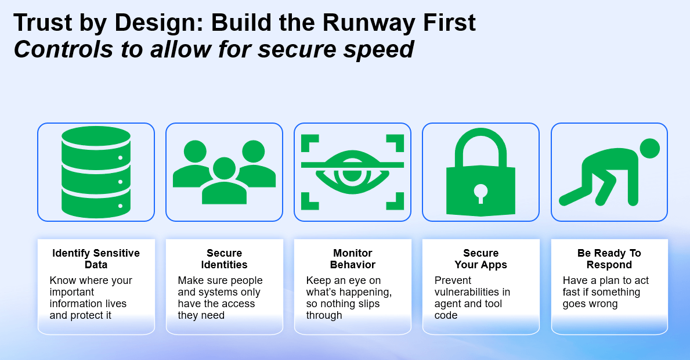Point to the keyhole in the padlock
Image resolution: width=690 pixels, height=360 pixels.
[481, 192]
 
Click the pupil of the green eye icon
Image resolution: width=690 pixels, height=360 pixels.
[352, 172]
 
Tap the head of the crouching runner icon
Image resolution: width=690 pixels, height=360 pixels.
[649, 149]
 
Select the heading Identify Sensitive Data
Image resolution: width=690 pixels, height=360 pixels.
[96, 259]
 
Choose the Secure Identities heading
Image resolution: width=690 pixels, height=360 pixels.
[225, 259]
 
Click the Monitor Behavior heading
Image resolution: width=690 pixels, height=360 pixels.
[353, 259]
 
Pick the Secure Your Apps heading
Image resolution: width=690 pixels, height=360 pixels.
[481, 259]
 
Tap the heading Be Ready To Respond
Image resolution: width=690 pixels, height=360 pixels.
[609, 259]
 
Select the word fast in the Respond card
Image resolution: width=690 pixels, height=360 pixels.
[572, 292]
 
